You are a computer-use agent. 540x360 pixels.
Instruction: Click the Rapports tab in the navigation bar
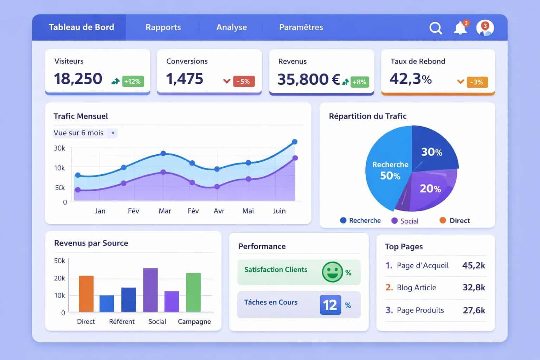point(163,27)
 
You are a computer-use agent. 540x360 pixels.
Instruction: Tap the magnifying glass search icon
point(436,28)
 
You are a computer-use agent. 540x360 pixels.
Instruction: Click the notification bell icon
point(460,28)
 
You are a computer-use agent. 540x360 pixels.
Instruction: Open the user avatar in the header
point(485,28)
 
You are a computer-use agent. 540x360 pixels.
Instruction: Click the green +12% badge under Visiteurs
point(132,82)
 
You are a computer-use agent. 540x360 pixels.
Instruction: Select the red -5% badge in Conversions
point(243,82)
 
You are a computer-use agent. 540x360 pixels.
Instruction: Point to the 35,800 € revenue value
point(308,79)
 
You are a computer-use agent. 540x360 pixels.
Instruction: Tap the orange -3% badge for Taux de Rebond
point(477,82)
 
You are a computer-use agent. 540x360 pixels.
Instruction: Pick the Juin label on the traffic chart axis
point(279,211)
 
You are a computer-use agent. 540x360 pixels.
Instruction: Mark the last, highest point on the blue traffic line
point(295,142)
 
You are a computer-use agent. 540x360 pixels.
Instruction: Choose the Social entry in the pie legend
point(405,221)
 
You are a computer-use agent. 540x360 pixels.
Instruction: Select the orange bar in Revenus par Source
point(86,294)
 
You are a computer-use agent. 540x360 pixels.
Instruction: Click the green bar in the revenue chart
point(193,292)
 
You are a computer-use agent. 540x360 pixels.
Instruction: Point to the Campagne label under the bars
point(194,322)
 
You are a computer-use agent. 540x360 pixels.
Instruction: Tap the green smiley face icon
point(332,272)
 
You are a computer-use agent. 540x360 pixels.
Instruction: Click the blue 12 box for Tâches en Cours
point(330,305)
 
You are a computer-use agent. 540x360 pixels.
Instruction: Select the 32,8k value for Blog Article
point(474,288)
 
